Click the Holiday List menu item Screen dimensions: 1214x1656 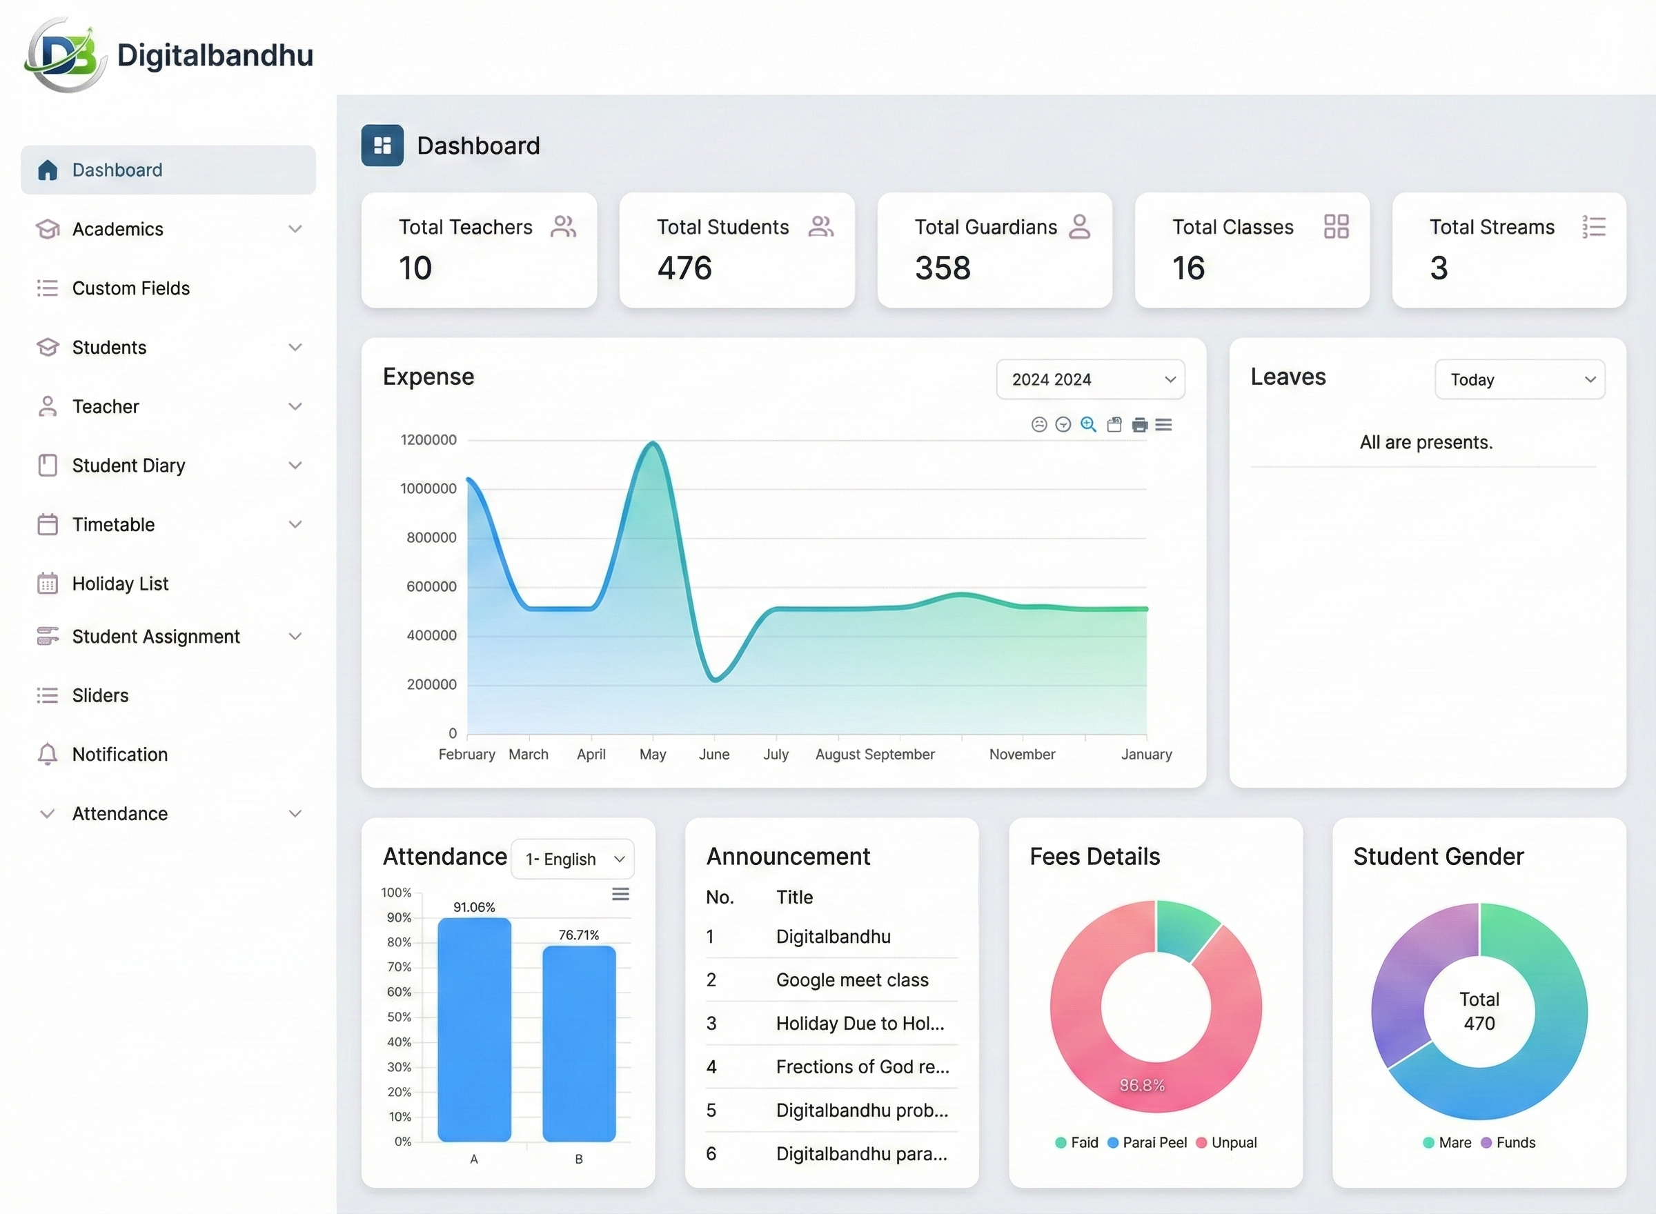tap(120, 584)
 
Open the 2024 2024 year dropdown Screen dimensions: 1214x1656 tap(1090, 379)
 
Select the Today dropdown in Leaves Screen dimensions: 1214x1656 tap(1519, 379)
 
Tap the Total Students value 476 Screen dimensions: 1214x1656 tap(684, 268)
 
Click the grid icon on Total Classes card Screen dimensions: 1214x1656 tap(1336, 226)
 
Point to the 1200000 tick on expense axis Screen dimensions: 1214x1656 tap(428, 439)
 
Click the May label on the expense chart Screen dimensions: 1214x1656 tap(652, 754)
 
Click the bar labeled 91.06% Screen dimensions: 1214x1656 tap(474, 1029)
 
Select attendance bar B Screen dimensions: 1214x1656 tap(578, 1044)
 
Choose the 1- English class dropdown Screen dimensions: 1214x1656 tap(573, 859)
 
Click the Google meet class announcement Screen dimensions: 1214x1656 tap(852, 979)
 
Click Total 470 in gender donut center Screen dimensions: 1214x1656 tap(1479, 1011)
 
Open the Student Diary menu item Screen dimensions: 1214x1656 tap(128, 465)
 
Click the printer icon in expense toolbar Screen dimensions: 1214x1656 tap(1139, 425)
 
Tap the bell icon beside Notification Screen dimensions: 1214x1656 tap(47, 754)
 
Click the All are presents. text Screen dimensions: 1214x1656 tap(1426, 442)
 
